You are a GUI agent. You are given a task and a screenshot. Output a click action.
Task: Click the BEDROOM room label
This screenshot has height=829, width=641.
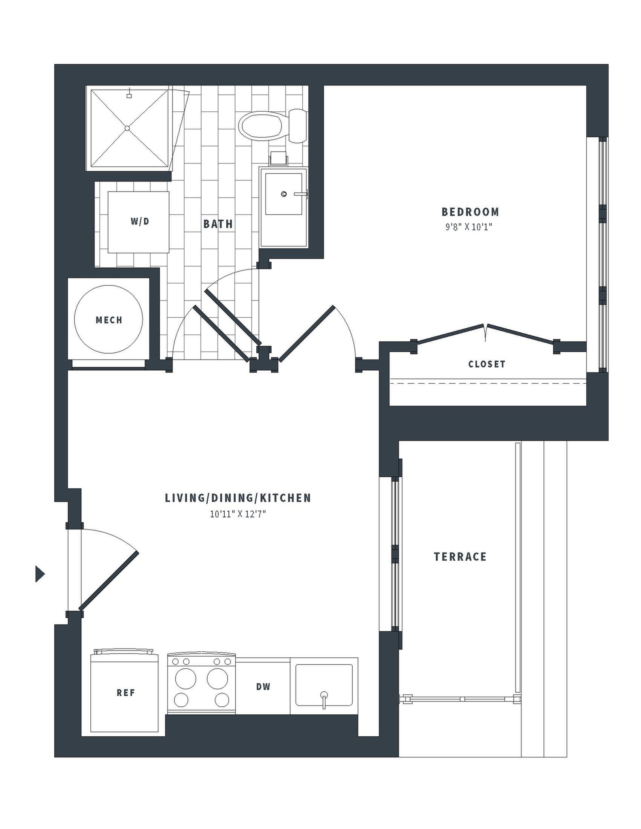[470, 212]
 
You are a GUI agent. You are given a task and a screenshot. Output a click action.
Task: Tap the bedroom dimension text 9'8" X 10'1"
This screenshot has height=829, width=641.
[469, 227]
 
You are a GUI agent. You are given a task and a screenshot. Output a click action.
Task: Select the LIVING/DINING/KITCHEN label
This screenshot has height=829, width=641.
[238, 498]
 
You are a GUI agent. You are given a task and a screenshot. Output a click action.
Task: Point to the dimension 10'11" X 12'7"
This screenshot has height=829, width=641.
[238, 514]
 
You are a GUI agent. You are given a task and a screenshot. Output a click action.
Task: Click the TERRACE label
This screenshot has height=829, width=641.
[460, 557]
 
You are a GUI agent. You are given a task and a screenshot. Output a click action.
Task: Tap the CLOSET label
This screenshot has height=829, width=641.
[487, 364]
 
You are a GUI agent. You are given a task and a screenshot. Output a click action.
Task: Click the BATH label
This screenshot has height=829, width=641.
[218, 224]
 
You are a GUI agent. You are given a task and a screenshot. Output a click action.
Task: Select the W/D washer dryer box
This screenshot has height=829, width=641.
[138, 222]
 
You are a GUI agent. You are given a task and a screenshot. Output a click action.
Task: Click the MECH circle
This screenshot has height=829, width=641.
[109, 319]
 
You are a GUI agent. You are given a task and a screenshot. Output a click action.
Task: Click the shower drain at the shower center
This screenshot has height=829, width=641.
[127, 128]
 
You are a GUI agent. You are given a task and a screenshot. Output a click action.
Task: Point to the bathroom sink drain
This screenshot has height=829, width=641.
[284, 194]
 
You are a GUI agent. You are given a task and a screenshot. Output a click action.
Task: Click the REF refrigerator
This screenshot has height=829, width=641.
[125, 693]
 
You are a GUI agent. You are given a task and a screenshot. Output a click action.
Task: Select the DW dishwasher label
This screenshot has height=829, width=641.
[263, 687]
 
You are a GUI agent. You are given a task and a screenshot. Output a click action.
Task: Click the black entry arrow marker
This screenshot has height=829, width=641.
[40, 574]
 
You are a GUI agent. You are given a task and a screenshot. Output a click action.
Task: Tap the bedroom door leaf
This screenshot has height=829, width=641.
[307, 333]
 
